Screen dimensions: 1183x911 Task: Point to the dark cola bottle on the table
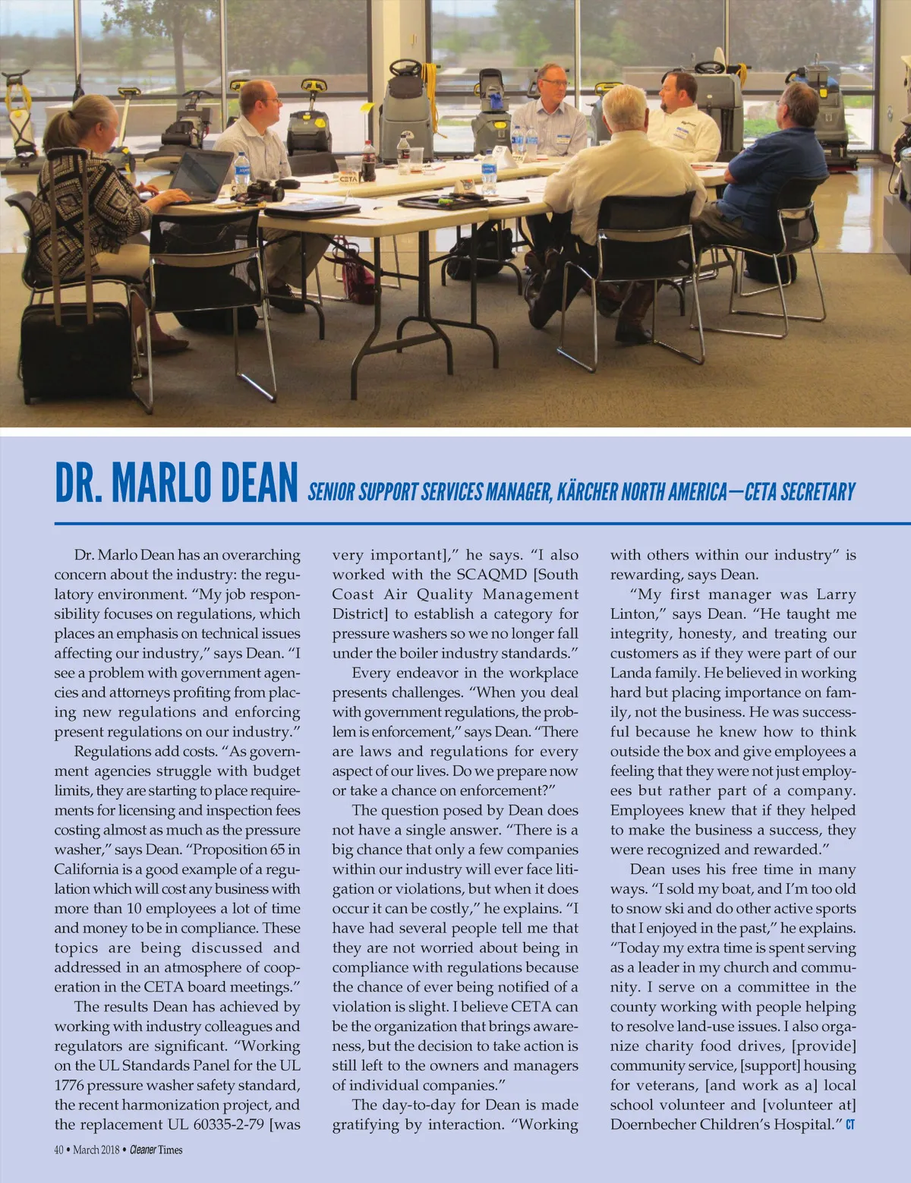coord(368,161)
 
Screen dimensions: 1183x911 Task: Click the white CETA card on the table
coord(348,179)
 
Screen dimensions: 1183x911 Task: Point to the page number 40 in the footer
coord(58,1150)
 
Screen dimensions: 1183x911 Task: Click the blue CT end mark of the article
coord(850,1125)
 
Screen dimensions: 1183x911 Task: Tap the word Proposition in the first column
coord(235,850)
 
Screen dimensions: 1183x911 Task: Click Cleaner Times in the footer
coord(156,1150)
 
